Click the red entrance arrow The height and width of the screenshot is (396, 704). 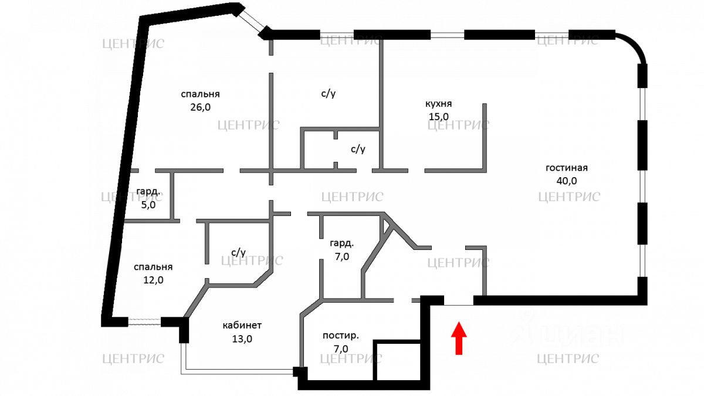pos(459,339)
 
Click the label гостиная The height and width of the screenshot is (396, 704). pos(566,168)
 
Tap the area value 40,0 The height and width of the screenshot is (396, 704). pos(566,181)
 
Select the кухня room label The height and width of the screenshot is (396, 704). pos(438,104)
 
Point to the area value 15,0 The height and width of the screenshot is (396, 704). pos(438,116)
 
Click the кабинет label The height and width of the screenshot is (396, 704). pos(242,325)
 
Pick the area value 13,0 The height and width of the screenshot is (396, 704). pos(242,339)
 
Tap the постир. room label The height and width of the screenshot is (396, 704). pos(340,336)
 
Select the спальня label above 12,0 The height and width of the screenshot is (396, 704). pos(153,267)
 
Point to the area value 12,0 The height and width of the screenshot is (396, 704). pos(153,280)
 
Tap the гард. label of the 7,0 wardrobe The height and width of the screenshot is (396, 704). pos(341,243)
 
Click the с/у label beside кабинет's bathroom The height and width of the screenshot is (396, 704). pos(238,253)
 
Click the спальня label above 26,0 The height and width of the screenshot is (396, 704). pos(200,94)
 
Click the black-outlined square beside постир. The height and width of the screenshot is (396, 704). pos(398,360)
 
